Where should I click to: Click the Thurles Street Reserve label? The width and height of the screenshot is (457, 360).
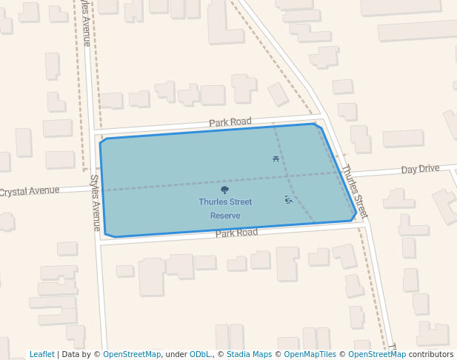click(x=225, y=208)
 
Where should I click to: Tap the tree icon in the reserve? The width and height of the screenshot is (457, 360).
click(x=225, y=190)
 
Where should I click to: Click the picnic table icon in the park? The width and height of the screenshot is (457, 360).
click(x=276, y=159)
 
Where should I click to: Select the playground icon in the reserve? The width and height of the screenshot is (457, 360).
click(x=289, y=199)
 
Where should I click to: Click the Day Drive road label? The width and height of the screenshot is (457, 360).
click(x=420, y=169)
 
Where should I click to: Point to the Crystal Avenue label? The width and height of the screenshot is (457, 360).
click(x=29, y=191)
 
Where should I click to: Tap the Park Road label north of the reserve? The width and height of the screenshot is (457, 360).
click(x=230, y=121)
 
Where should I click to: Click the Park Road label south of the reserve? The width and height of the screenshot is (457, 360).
click(x=236, y=233)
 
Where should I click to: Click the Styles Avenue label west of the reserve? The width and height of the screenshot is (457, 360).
click(x=95, y=202)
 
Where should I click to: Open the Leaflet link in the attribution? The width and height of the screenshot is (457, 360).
click(x=41, y=354)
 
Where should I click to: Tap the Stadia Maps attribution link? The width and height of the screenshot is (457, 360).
click(x=249, y=354)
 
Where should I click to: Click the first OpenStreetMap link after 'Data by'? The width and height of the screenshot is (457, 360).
click(x=132, y=354)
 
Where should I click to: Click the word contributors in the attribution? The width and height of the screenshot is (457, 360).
click(x=430, y=354)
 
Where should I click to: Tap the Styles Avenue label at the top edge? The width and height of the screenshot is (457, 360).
click(x=86, y=22)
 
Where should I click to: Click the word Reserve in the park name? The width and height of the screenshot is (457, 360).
click(x=225, y=216)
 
